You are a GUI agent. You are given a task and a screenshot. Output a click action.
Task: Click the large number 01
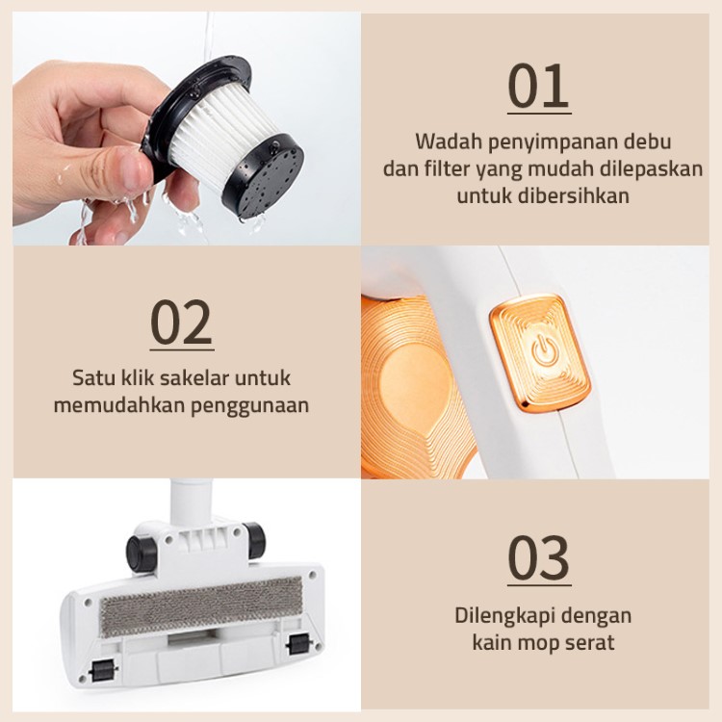click(539, 86)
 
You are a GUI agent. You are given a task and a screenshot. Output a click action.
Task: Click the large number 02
click(182, 322)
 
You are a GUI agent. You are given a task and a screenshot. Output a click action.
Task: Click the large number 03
click(539, 557)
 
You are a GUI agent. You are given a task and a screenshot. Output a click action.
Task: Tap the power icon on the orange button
click(546, 350)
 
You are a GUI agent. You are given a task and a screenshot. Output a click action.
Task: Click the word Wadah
click(449, 142)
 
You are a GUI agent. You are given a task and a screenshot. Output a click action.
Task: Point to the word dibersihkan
click(573, 195)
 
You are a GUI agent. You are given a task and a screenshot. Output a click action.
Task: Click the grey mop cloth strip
click(202, 606)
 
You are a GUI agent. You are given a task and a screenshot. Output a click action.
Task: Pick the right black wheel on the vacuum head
click(254, 540)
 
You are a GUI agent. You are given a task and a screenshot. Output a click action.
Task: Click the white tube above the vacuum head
click(192, 502)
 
